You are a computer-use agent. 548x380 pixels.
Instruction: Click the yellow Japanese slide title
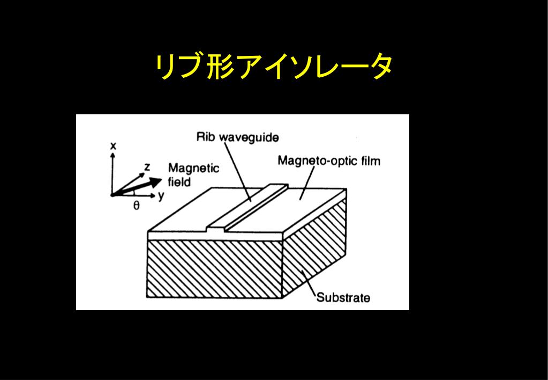(274, 67)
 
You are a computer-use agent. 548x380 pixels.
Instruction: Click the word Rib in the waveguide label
(206, 137)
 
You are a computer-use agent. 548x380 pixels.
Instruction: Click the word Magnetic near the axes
(193, 169)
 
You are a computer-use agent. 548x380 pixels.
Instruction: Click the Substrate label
(343, 297)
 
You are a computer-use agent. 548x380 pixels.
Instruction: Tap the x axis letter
(113, 145)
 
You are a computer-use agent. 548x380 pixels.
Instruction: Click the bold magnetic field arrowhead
(156, 181)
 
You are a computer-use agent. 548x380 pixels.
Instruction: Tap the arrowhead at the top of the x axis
(112, 154)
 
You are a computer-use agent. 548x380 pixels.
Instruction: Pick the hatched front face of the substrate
(214, 268)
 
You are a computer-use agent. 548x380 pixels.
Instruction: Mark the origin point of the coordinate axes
(112, 195)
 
